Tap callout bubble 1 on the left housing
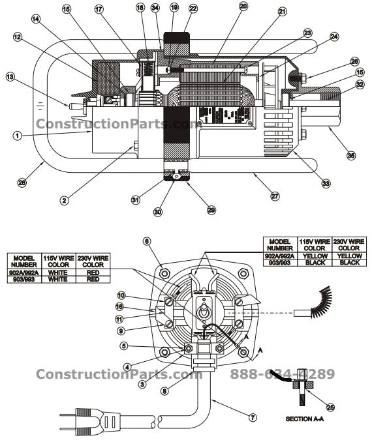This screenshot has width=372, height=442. point(18,135)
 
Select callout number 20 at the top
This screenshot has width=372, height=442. point(225,7)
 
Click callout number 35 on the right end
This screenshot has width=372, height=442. point(350,156)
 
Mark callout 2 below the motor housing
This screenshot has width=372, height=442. point(63,201)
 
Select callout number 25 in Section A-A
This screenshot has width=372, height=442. point(330,407)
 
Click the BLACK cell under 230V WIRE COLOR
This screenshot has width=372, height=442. point(349,263)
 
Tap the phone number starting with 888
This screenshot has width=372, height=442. point(282,374)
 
